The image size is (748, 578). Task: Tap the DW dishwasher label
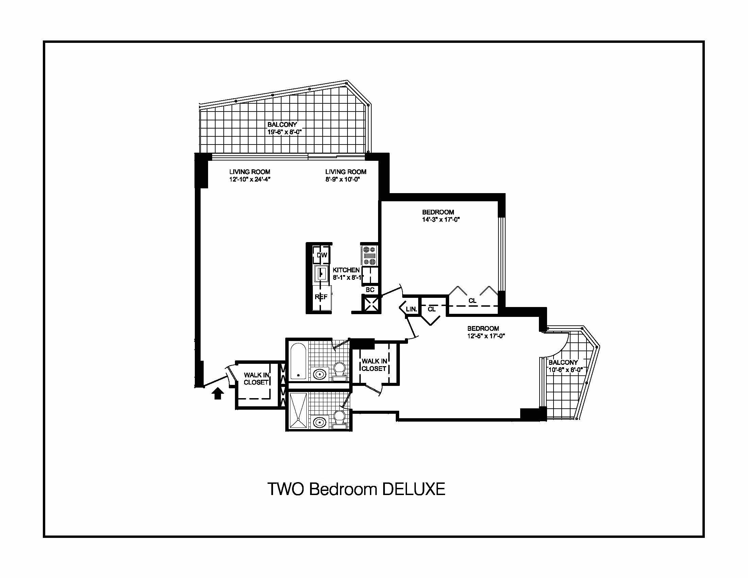tap(322, 255)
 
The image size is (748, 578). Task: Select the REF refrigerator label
tap(321, 297)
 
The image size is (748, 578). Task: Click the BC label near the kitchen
tap(370, 290)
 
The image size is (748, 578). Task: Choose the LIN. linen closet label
tap(411, 309)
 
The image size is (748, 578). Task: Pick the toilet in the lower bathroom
tap(340, 421)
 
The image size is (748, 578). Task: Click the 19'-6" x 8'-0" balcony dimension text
tap(284, 132)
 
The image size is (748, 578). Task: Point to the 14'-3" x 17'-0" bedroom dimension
tap(441, 220)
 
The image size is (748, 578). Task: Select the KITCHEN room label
tap(346, 270)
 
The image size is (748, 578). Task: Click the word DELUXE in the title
tap(413, 489)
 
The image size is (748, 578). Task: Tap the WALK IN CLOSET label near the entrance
tap(256, 379)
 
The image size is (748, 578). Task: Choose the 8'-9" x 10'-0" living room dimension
tap(342, 179)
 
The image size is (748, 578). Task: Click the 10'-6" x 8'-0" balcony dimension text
tap(565, 370)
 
